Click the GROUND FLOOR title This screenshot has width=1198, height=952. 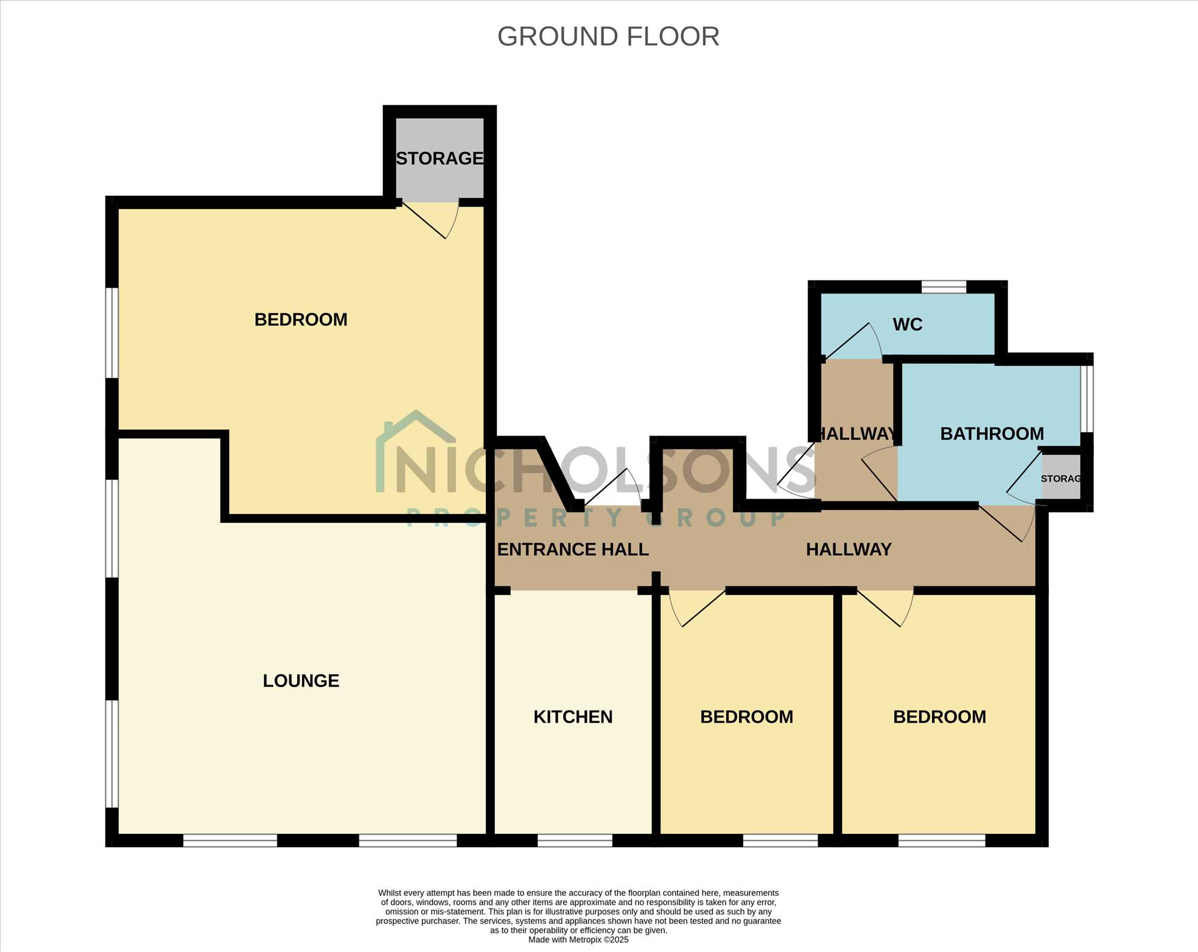(x=608, y=37)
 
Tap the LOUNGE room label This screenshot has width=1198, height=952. (x=301, y=681)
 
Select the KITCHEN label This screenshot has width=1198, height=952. (x=573, y=717)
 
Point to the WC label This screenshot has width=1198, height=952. (x=907, y=324)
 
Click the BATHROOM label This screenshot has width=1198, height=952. (x=992, y=433)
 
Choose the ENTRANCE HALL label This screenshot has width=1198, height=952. (x=573, y=549)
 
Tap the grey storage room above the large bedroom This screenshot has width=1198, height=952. (x=440, y=159)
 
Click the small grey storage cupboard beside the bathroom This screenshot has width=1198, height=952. (x=1061, y=477)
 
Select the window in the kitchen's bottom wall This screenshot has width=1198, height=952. (x=575, y=841)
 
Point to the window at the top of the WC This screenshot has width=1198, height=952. (x=943, y=287)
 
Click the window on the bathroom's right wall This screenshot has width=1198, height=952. (x=1087, y=398)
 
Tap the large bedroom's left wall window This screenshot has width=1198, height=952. (x=112, y=333)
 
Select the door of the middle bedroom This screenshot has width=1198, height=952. (x=697, y=608)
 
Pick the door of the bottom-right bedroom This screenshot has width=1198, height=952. (x=885, y=608)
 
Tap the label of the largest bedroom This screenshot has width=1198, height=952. (x=301, y=319)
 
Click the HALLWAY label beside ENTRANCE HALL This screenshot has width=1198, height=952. (x=849, y=549)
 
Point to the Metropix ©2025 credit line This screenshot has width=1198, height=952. (x=579, y=939)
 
